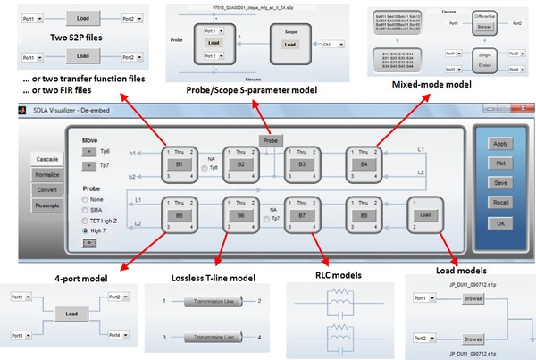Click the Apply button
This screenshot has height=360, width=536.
(501, 143)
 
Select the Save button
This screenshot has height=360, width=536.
(501, 182)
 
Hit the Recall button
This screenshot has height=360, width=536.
(501, 202)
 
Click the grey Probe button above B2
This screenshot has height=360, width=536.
(269, 141)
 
